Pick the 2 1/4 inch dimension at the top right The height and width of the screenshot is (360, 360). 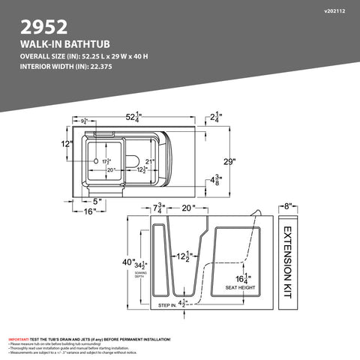coord(217,116)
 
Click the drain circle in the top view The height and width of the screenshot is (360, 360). coord(97,160)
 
